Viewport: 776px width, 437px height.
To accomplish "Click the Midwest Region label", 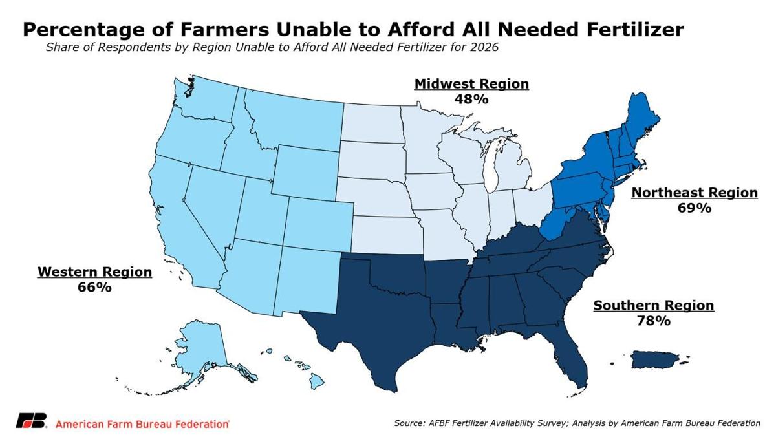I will [471, 84].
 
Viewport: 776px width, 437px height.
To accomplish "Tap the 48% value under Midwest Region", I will [471, 100].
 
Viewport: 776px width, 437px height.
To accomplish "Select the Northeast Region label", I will [694, 193].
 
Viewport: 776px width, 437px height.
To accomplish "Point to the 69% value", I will [694, 208].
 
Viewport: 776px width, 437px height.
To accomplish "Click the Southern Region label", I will [653, 305].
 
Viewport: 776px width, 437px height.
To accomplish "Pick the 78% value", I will [653, 321].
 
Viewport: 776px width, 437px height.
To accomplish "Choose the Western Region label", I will [94, 272].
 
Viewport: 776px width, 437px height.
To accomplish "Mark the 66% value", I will [94, 287].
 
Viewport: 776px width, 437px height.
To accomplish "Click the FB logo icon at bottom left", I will [31, 421].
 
